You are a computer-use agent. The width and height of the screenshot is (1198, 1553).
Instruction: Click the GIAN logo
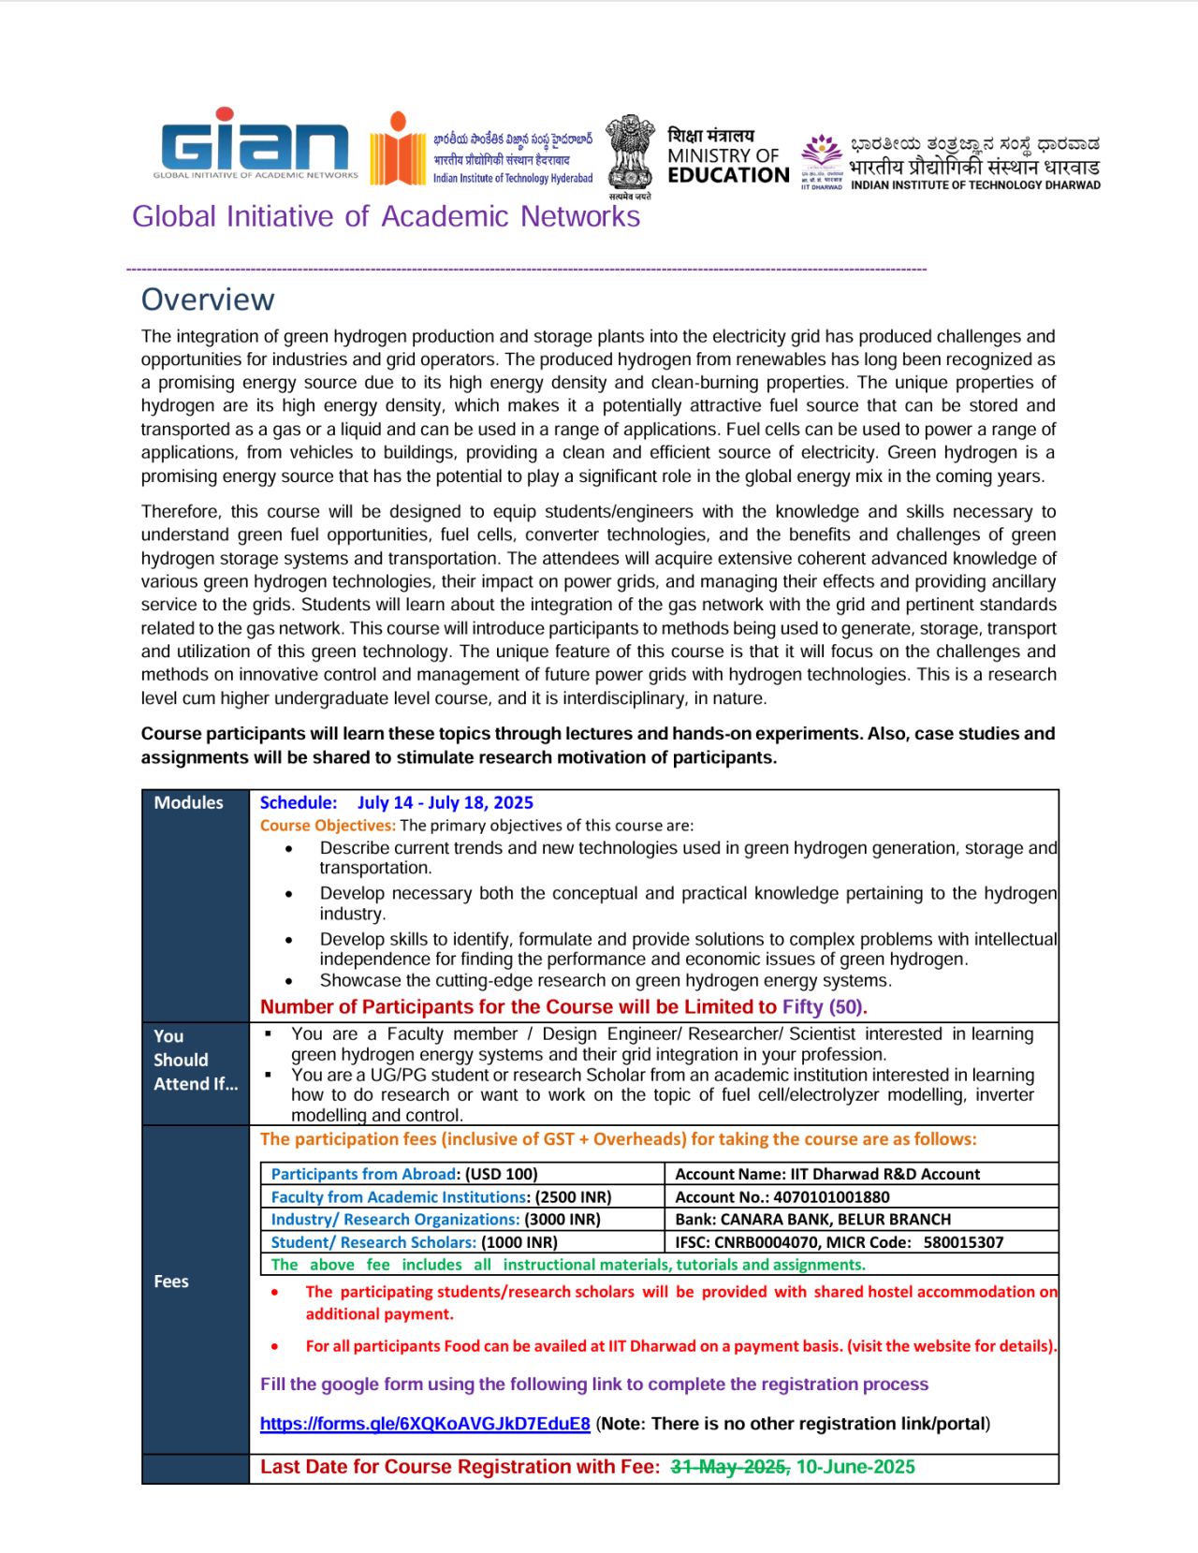point(255,145)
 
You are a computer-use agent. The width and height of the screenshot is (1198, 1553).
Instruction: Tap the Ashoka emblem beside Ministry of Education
point(630,155)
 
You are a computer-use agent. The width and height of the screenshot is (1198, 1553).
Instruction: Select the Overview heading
point(208,300)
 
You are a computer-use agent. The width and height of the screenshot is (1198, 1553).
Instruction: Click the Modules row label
point(188,802)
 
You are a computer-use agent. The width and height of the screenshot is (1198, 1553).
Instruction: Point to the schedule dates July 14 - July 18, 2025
point(445,802)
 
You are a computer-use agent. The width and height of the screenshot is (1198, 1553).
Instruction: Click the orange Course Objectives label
point(328,826)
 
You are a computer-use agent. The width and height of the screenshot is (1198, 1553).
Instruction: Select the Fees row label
point(171,1282)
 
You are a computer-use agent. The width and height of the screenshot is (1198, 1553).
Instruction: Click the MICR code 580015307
point(963,1242)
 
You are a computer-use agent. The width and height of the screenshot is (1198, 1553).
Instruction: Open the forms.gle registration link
point(425,1424)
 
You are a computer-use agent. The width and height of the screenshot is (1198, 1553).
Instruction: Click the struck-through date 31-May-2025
point(730,1467)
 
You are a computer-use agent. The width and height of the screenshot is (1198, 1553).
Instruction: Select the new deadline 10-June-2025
point(855,1467)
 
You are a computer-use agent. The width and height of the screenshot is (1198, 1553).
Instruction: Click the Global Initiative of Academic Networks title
point(386,216)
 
